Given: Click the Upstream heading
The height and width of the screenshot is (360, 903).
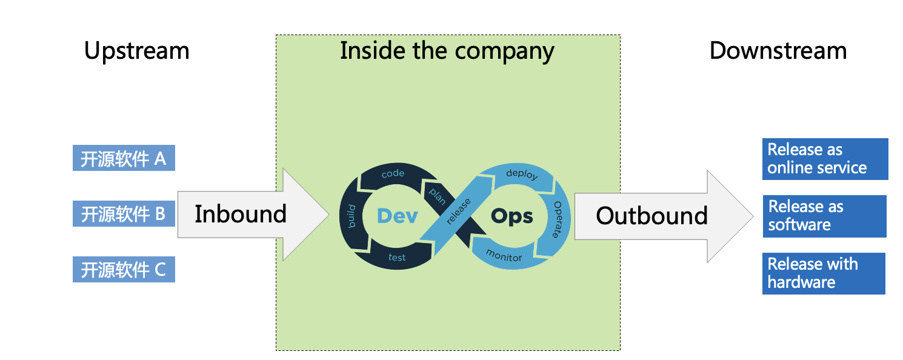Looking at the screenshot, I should click(x=136, y=51).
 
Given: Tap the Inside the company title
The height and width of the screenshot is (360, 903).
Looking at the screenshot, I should click(x=447, y=52).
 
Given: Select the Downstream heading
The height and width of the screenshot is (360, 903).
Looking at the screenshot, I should click(x=778, y=51).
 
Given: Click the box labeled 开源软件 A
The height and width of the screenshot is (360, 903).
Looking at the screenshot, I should click(x=124, y=159).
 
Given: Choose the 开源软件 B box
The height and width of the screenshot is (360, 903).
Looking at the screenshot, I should click(x=124, y=213).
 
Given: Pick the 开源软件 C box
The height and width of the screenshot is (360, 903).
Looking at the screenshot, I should click(x=124, y=269).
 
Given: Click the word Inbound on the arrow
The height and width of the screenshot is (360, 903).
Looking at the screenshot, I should click(x=240, y=214).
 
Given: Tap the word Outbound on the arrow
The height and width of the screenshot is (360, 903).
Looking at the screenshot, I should click(x=651, y=216).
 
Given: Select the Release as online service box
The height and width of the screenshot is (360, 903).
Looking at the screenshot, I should click(x=825, y=159).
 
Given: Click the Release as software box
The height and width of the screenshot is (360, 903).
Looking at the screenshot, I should click(x=824, y=216).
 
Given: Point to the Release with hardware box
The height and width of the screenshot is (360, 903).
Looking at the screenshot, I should click(x=824, y=273).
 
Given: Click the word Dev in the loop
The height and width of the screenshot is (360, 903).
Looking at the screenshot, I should click(x=397, y=216).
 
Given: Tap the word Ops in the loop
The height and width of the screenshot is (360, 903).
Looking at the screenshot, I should click(x=511, y=216).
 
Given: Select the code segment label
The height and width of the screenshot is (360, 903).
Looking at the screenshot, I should click(x=393, y=174).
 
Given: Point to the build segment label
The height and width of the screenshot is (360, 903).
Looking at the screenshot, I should click(x=352, y=216).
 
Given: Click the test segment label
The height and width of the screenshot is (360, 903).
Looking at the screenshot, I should click(x=397, y=258).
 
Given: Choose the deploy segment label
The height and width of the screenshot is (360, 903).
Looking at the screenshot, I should click(x=521, y=175).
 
